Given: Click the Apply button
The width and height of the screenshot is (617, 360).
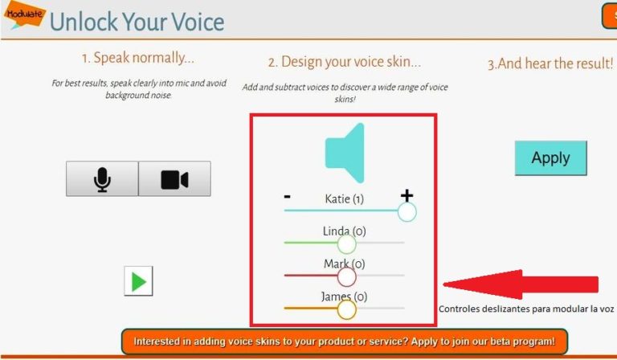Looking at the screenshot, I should coord(550,158).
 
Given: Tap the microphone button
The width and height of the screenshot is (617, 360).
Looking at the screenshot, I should coord(102,178).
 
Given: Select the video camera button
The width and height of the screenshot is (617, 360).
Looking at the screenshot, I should coord(174,178).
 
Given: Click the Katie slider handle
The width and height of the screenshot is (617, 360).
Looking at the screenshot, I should coord(407,211).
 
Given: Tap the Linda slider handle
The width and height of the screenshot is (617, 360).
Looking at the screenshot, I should coord(346,243).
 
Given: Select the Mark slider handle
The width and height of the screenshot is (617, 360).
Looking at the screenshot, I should coord(346,276).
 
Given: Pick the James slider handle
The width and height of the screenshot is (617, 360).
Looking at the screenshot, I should coord(346,309).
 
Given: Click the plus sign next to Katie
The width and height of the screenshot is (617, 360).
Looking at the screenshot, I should coord(407,195).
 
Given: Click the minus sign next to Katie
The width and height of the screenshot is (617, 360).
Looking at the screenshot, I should coord(287,196).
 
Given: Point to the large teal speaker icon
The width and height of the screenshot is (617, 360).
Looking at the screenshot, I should coord(345,153).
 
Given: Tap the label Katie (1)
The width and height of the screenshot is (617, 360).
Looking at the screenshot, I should coord(345,198).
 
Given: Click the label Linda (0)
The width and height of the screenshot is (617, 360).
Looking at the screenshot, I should coord(344,231).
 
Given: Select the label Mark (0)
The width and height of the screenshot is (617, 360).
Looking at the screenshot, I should coord(345,264).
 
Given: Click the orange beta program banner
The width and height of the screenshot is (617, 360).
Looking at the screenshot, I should coord(344,341).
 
